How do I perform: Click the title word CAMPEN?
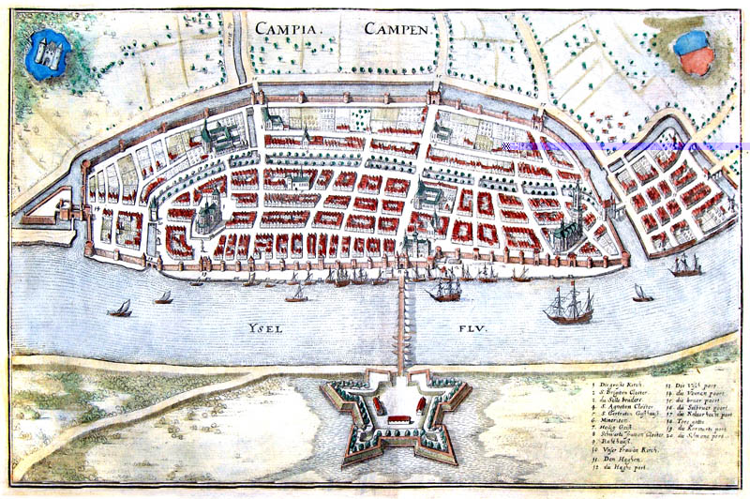coord(397,28)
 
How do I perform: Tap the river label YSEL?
coord(266,329)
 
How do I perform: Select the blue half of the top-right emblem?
coord(691,43)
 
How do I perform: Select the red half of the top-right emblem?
coord(697,62)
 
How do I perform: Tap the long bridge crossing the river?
coord(401,319)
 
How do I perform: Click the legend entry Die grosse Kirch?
coord(622,385)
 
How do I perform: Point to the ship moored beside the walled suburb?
coord(685,265)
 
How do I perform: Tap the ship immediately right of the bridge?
coord(443,290)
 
